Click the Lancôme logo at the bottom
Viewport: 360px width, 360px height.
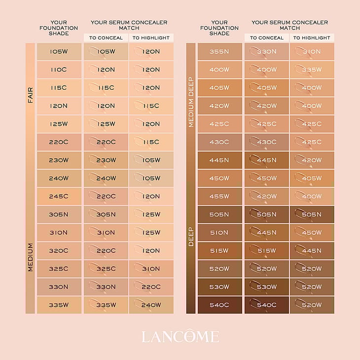click(x=180, y=337)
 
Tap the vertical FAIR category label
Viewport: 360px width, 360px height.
click(x=30, y=95)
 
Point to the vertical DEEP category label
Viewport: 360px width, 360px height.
click(x=191, y=236)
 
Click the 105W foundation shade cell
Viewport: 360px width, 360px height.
click(x=59, y=51)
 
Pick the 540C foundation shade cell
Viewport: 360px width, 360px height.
click(x=219, y=305)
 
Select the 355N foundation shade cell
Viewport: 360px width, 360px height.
click(x=219, y=51)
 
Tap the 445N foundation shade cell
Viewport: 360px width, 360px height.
click(x=219, y=160)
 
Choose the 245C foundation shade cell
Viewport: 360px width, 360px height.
click(x=59, y=196)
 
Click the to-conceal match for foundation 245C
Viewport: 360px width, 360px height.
click(x=106, y=196)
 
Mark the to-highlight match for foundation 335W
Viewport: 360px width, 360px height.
click(x=151, y=305)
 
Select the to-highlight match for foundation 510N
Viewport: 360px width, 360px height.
click(x=312, y=232)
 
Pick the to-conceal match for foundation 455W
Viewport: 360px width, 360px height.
click(x=267, y=196)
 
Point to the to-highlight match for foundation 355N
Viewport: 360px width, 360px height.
click(x=312, y=51)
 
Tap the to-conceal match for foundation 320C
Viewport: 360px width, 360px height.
click(x=106, y=251)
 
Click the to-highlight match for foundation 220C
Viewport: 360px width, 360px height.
click(x=151, y=142)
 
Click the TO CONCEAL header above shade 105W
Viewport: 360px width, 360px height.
click(x=106, y=38)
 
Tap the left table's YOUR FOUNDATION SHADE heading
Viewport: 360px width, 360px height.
click(x=59, y=28)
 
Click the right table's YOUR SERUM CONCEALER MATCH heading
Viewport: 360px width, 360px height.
click(x=289, y=25)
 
